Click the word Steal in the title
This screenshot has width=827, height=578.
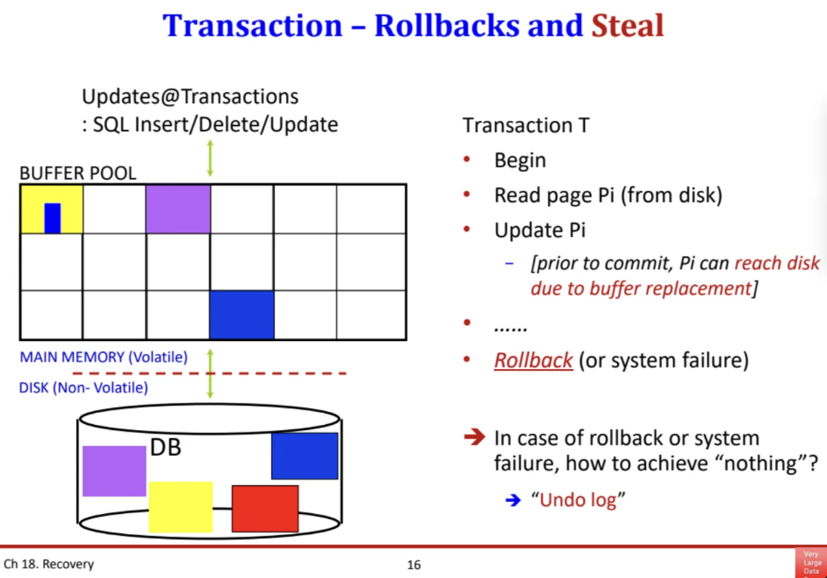click(x=627, y=26)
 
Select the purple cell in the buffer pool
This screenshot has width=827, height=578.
click(x=178, y=209)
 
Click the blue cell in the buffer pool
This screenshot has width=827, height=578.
click(x=241, y=315)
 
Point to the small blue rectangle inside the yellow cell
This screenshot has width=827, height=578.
click(x=52, y=217)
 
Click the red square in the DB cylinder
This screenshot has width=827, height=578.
click(x=265, y=508)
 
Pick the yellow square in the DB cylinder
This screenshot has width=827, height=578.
click(x=180, y=506)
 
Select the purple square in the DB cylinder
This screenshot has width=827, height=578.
click(x=114, y=471)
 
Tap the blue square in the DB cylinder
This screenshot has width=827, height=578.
click(x=305, y=456)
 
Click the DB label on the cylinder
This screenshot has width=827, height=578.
click(x=166, y=447)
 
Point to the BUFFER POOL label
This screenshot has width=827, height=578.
click(x=78, y=173)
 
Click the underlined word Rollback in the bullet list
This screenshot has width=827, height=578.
click(x=533, y=360)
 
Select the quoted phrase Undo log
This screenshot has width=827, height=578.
click(x=579, y=500)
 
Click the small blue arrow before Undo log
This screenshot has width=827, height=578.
click(x=513, y=500)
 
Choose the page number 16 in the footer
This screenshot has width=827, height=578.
click(x=413, y=564)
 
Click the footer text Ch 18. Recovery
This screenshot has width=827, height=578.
click(x=49, y=564)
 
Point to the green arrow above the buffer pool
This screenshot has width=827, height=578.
click(x=210, y=158)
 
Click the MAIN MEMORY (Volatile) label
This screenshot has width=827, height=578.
click(x=103, y=357)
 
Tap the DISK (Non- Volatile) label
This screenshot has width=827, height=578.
click(x=83, y=388)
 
